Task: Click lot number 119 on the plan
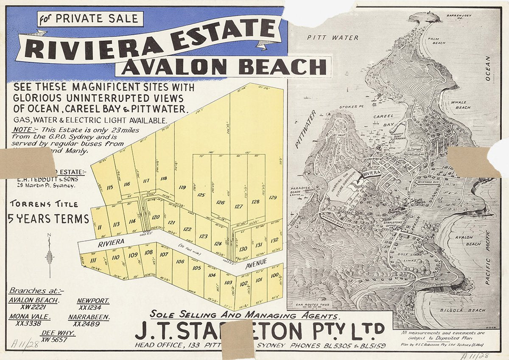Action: tap(183, 187)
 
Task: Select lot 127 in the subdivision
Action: tap(239, 207)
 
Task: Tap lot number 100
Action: tap(274, 276)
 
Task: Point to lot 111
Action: tap(94, 260)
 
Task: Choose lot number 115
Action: tap(110, 187)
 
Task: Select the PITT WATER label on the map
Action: tap(333, 38)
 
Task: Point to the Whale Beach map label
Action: tap(460, 105)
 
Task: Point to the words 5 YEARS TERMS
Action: tap(48, 219)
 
